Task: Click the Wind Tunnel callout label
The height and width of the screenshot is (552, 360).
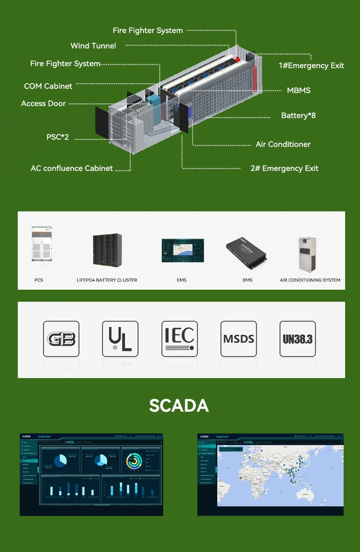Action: pyautogui.click(x=93, y=46)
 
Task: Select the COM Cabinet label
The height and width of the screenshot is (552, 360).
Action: pyautogui.click(x=48, y=86)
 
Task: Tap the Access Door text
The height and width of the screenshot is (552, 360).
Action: pyautogui.click(x=43, y=103)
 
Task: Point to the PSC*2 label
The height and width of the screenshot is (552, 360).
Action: pyautogui.click(x=58, y=137)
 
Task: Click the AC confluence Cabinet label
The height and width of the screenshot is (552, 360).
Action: pyautogui.click(x=72, y=168)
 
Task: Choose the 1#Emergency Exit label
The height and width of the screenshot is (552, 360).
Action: pyautogui.click(x=311, y=65)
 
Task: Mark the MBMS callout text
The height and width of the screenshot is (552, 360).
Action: pyautogui.click(x=299, y=90)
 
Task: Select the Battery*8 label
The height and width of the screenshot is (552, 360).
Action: pyautogui.click(x=298, y=115)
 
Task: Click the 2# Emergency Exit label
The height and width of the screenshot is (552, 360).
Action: pyautogui.click(x=284, y=168)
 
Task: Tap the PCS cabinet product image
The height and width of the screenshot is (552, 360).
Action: pyautogui.click(x=41, y=245)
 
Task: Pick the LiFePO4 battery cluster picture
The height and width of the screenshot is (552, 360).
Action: pyautogui.click(x=107, y=250)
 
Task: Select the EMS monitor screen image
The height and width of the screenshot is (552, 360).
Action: pyautogui.click(x=182, y=250)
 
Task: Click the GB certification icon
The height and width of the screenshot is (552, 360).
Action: pyautogui.click(x=61, y=339)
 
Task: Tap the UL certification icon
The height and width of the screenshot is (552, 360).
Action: pyautogui.click(x=120, y=339)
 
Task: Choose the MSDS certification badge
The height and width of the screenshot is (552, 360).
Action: pyautogui.click(x=239, y=339)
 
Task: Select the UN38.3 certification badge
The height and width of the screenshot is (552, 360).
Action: pyautogui.click(x=298, y=339)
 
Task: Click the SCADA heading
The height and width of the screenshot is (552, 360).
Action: pyautogui.click(x=179, y=405)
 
